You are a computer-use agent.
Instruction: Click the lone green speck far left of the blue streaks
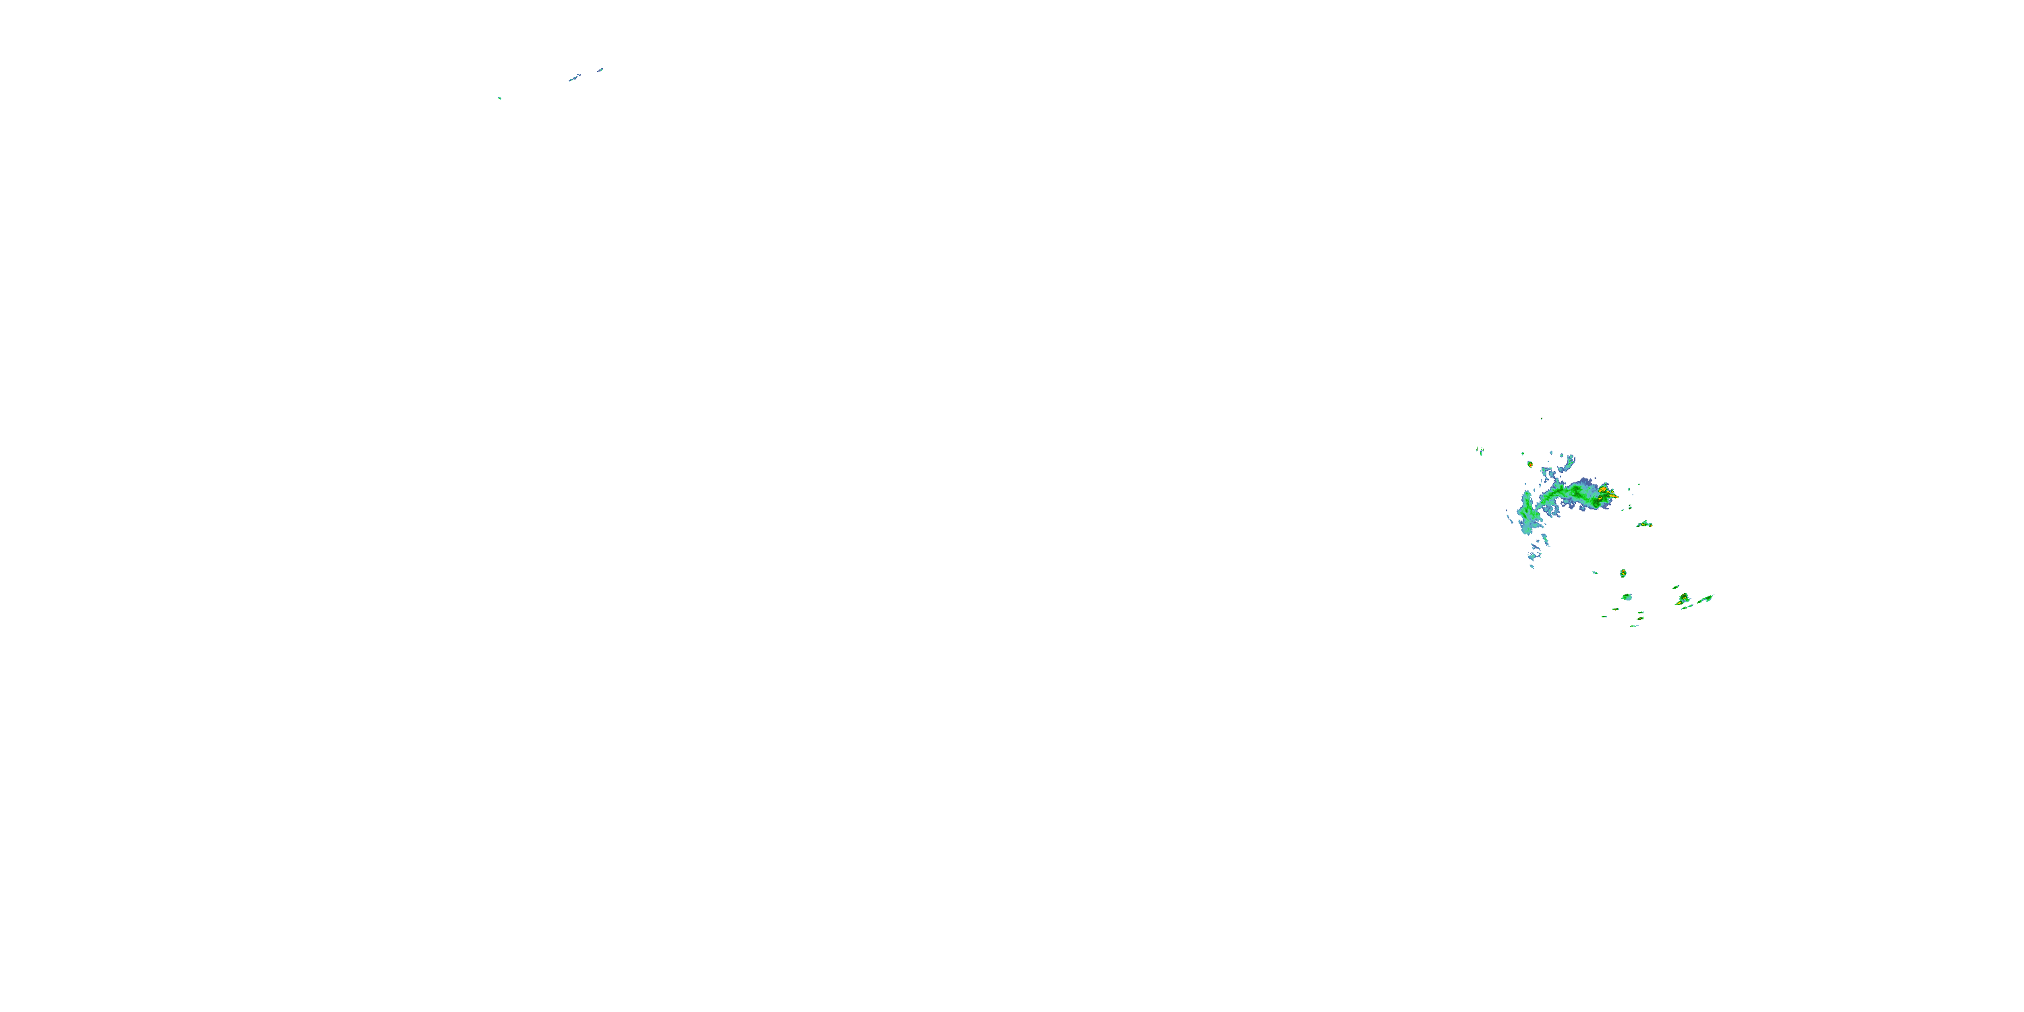[x=499, y=99]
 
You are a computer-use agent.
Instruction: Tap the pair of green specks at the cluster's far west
[x=1480, y=451]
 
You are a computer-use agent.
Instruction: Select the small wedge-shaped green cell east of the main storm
[x=1645, y=524]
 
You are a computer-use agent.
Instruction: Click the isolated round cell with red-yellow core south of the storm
[x=1623, y=573]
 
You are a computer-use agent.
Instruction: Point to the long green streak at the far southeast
[x=1705, y=600]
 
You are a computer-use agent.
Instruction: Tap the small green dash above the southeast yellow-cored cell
[x=1676, y=587]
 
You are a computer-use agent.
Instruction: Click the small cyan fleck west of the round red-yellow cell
[x=1595, y=573]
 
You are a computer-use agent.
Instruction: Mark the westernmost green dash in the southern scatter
[x=1604, y=617]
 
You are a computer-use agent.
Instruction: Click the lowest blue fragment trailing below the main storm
[x=1532, y=566]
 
